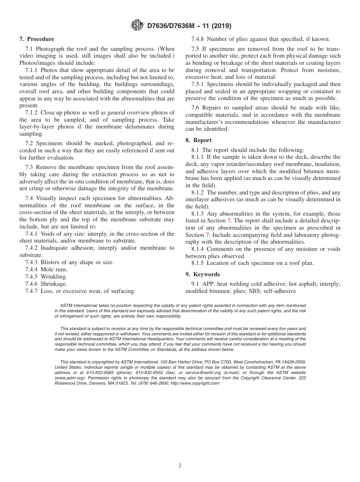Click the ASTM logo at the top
[x=137, y=26]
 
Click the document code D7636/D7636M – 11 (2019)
[x=189, y=26]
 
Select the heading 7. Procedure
[x=37, y=39]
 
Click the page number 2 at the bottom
[x=180, y=466]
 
